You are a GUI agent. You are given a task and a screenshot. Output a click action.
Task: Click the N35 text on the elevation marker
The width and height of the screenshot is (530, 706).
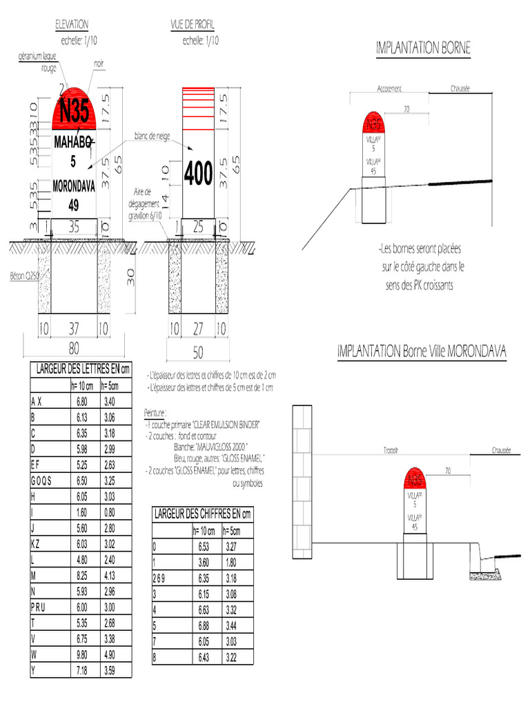[x=74, y=111]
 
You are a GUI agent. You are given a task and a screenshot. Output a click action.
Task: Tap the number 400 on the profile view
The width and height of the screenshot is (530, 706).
[x=198, y=174]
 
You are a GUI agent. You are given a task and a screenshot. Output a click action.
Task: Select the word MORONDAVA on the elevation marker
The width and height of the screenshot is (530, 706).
[x=74, y=187]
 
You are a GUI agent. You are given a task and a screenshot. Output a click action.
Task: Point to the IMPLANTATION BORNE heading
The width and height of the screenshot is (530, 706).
[x=423, y=48]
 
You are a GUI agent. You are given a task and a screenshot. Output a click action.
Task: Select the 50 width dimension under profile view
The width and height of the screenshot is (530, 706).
[x=198, y=352]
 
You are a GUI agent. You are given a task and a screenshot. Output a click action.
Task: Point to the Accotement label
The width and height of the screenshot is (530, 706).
[x=390, y=89]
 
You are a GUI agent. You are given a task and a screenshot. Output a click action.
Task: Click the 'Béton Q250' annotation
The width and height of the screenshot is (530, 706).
[x=22, y=275]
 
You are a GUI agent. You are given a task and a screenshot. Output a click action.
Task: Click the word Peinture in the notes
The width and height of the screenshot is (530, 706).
[x=155, y=412]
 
